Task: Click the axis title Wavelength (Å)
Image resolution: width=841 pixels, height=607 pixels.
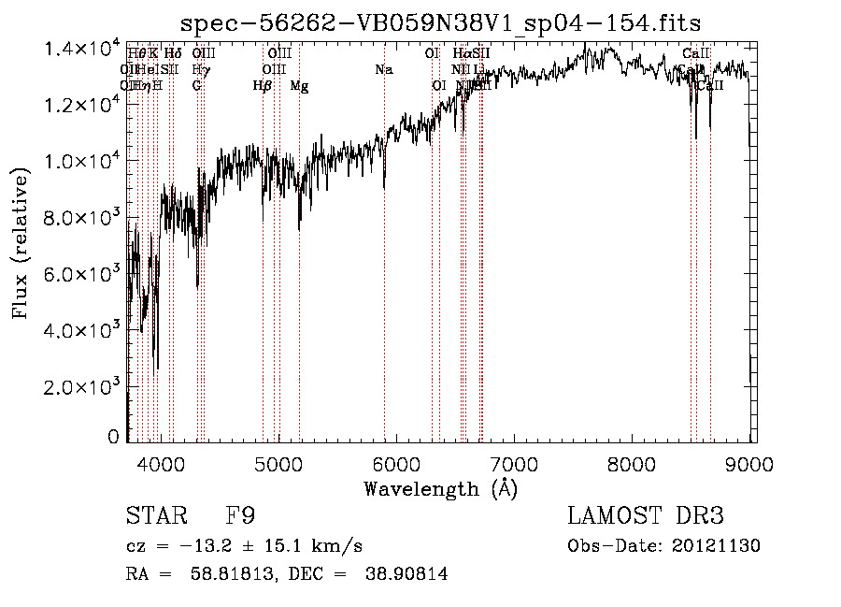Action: (x=440, y=487)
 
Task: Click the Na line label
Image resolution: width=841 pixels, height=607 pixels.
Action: (x=383, y=69)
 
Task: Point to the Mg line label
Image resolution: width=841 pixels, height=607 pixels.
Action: (x=299, y=86)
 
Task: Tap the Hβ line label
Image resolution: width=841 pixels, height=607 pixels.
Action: (x=263, y=86)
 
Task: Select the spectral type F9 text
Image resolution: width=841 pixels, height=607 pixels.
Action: (x=240, y=516)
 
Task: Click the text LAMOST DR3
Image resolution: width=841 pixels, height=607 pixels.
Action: (x=646, y=516)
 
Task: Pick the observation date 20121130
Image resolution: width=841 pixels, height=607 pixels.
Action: (x=720, y=546)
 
